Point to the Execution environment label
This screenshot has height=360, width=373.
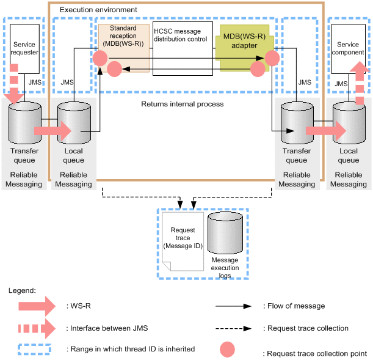coord(98,10)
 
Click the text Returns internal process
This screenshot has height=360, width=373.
coord(182,104)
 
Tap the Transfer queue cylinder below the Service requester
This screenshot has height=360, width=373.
coord(25,122)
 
